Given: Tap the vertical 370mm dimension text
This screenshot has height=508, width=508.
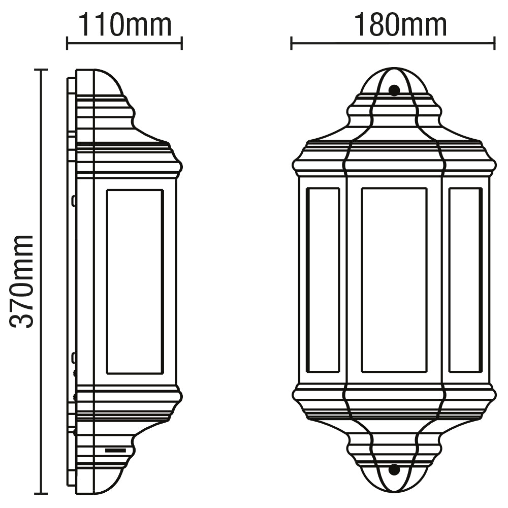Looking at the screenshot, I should (23, 280).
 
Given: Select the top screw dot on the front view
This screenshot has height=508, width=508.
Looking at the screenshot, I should (394, 90).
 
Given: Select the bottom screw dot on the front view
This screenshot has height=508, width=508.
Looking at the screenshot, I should (394, 469).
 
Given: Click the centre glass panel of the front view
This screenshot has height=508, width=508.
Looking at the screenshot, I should (394, 280).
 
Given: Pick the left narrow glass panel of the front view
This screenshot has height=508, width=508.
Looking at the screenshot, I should (323, 280).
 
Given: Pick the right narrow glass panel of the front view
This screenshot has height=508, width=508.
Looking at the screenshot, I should (465, 280).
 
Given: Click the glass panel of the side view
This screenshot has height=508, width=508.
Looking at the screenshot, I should (135, 282).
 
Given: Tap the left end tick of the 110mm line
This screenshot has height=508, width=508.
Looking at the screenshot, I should (67, 43).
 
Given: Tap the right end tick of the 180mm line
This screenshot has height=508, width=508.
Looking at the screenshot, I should (494, 43).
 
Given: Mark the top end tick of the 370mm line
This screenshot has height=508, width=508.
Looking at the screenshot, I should (41, 70).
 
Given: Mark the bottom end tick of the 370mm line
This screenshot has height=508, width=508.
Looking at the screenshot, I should (41, 493).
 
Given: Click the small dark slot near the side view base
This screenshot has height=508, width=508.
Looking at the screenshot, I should (115, 450).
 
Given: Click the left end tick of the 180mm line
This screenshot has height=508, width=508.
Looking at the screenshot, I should (291, 43).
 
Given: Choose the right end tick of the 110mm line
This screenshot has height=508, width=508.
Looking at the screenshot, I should (181, 43).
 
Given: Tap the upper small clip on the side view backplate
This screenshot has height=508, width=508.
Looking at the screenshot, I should (74, 201).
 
